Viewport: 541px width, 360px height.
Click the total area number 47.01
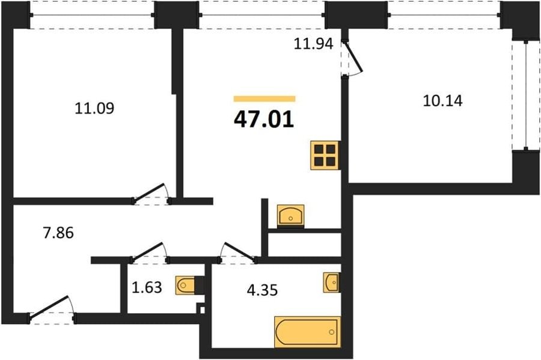click(264, 120)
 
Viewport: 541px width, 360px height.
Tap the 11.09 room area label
click(94, 108)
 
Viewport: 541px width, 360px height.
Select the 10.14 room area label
click(442, 101)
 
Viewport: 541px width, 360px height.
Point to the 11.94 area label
click(313, 44)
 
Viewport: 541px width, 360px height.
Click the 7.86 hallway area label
click(58, 233)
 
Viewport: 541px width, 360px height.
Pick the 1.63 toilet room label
click(147, 287)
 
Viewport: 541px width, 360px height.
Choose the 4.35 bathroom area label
click(262, 290)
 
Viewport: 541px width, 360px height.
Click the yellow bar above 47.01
click(264, 99)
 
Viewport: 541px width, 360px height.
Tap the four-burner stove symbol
click(325, 155)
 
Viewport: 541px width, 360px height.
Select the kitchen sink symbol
click(291, 215)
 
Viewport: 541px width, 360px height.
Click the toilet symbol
click(189, 285)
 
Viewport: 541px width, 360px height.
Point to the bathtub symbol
click(307, 332)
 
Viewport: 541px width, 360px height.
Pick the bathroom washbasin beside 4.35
click(331, 282)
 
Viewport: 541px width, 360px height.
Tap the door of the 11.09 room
click(151, 193)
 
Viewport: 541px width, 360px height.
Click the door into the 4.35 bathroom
click(238, 252)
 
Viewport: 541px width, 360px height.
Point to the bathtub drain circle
click(332, 332)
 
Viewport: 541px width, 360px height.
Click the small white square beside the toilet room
click(203, 310)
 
